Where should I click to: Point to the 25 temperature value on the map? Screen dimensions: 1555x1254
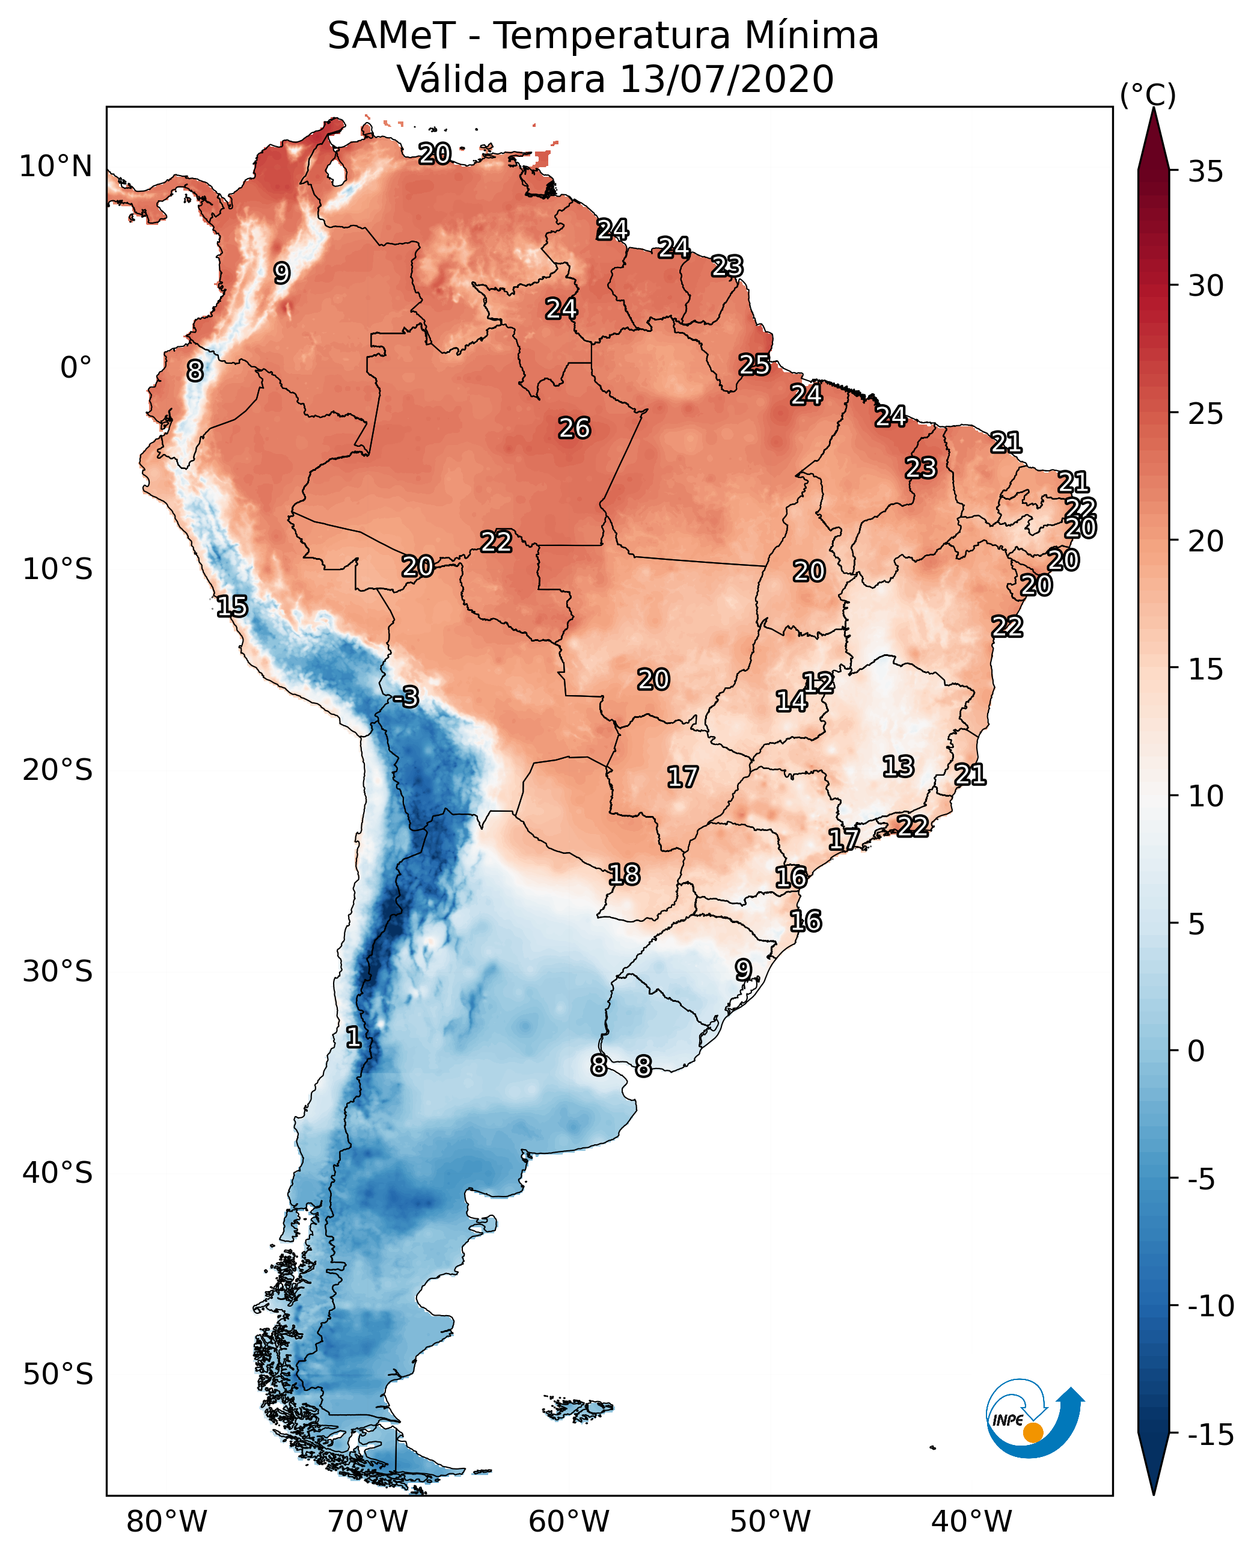[x=754, y=364]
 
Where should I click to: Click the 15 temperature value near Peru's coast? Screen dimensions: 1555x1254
[x=232, y=606]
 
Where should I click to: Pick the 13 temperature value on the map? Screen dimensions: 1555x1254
[x=898, y=766]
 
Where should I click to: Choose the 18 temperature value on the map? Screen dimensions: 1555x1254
[x=624, y=874]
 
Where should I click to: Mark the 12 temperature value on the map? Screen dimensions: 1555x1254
[x=818, y=682]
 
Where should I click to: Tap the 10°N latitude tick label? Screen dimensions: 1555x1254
[x=56, y=167]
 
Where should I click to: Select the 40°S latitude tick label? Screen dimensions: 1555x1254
[x=58, y=1173]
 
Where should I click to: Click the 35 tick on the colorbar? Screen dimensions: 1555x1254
[x=1205, y=172]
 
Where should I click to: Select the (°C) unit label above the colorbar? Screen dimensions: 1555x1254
[x=1148, y=94]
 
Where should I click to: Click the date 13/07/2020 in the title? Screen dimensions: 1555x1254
[x=727, y=79]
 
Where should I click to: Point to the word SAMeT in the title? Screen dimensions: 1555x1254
[x=391, y=35]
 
